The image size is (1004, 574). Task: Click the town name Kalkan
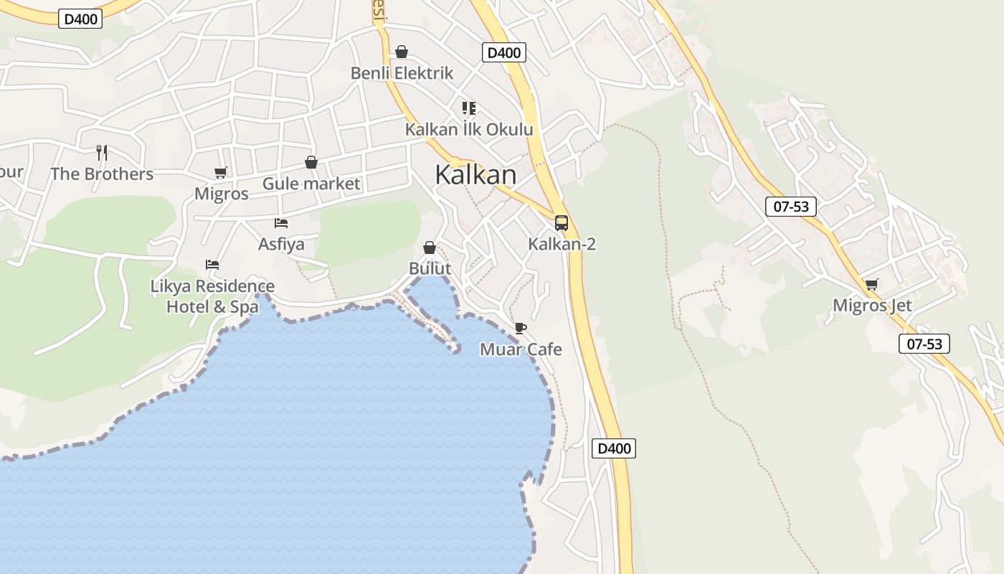tap(475, 174)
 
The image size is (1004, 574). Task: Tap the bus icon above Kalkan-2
tap(561, 222)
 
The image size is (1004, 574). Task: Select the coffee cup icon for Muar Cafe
tap(521, 329)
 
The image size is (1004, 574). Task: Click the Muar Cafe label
tap(521, 349)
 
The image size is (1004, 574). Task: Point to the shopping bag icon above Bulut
tap(430, 248)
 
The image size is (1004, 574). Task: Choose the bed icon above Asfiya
tap(281, 223)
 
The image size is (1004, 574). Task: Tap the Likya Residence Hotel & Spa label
tap(212, 296)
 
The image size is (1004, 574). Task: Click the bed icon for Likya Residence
tap(212, 264)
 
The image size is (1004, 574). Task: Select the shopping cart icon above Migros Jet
tap(871, 284)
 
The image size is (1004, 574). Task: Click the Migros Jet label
tap(872, 305)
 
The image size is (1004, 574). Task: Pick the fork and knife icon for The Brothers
tap(102, 152)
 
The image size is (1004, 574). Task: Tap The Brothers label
tap(102, 174)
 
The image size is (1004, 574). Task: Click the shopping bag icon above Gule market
tap(311, 163)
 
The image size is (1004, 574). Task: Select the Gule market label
tap(311, 184)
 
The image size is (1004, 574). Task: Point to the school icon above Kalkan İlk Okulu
tap(469, 108)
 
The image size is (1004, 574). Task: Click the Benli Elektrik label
tap(402, 72)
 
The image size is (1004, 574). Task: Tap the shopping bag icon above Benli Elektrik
tap(402, 52)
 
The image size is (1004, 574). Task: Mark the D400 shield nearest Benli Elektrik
tap(503, 52)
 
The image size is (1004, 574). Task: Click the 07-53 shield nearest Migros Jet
tap(924, 344)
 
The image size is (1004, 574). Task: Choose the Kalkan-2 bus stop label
tap(562, 244)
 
